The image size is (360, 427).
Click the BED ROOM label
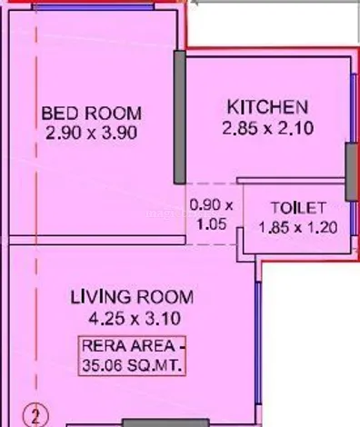(92, 114)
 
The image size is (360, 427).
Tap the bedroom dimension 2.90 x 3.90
(92, 133)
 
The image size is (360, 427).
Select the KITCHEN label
(267, 107)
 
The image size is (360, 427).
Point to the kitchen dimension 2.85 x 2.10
(268, 128)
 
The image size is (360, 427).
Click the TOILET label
(298, 208)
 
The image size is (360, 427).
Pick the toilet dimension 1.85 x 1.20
(298, 227)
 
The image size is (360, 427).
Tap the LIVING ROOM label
(132, 297)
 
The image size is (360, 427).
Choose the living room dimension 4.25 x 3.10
(135, 318)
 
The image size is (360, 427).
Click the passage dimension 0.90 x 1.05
(212, 214)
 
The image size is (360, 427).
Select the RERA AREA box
(132, 356)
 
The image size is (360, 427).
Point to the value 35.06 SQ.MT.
(132, 365)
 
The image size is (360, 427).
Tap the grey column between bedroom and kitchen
(180, 117)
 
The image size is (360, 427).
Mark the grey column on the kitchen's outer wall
(352, 172)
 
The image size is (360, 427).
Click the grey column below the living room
(165, 422)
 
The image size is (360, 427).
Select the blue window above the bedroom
(94, 7)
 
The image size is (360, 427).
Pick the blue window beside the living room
(258, 343)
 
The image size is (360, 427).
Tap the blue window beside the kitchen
(354, 108)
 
